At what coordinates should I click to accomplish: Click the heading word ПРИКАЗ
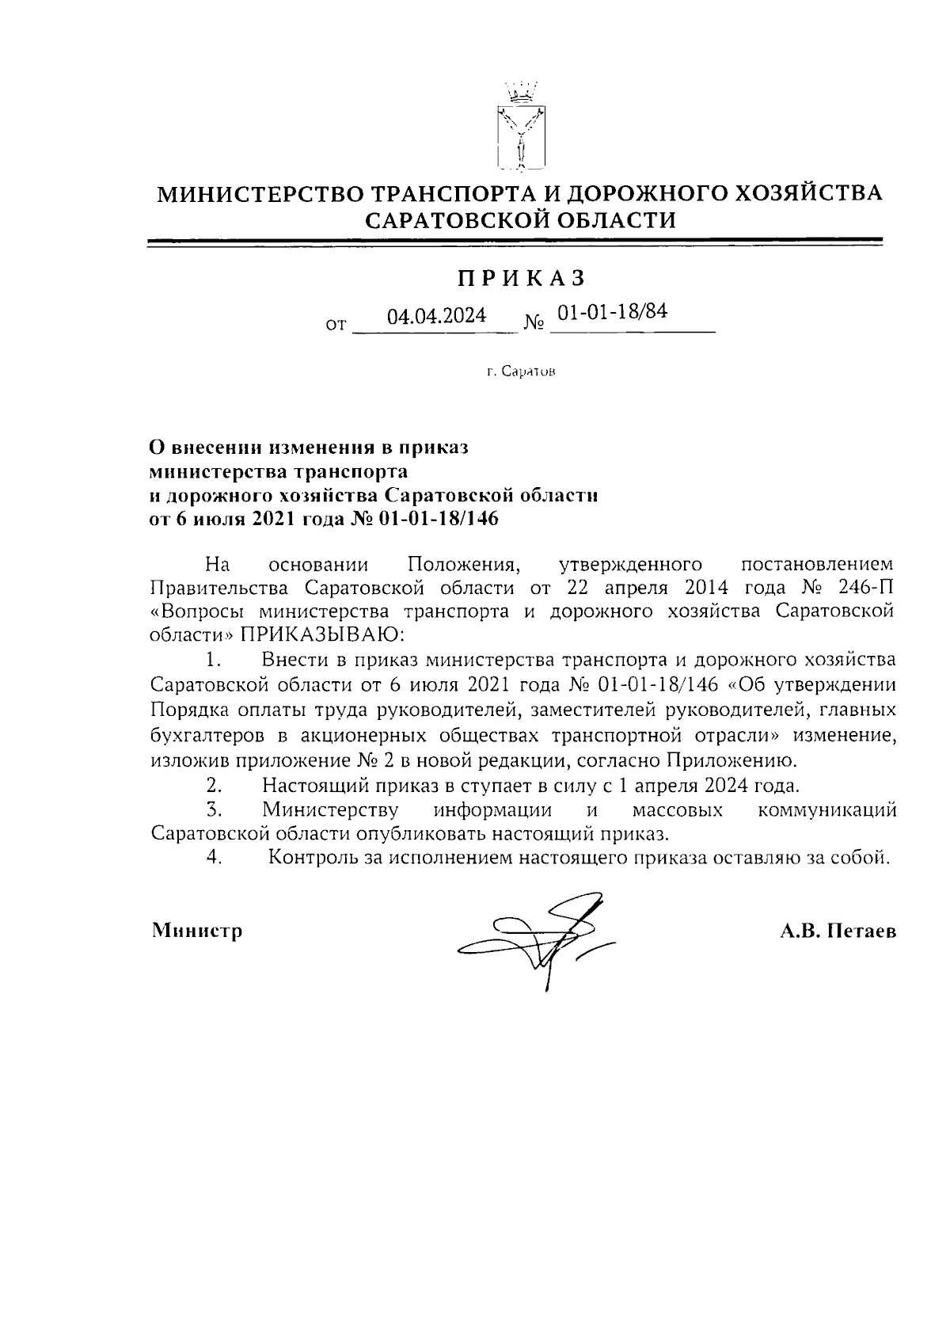(520, 278)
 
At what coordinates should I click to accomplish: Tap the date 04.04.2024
(436, 316)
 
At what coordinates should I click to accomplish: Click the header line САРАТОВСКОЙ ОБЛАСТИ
(520, 219)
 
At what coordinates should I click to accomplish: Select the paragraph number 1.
(211, 659)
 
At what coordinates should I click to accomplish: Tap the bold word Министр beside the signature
(197, 930)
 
